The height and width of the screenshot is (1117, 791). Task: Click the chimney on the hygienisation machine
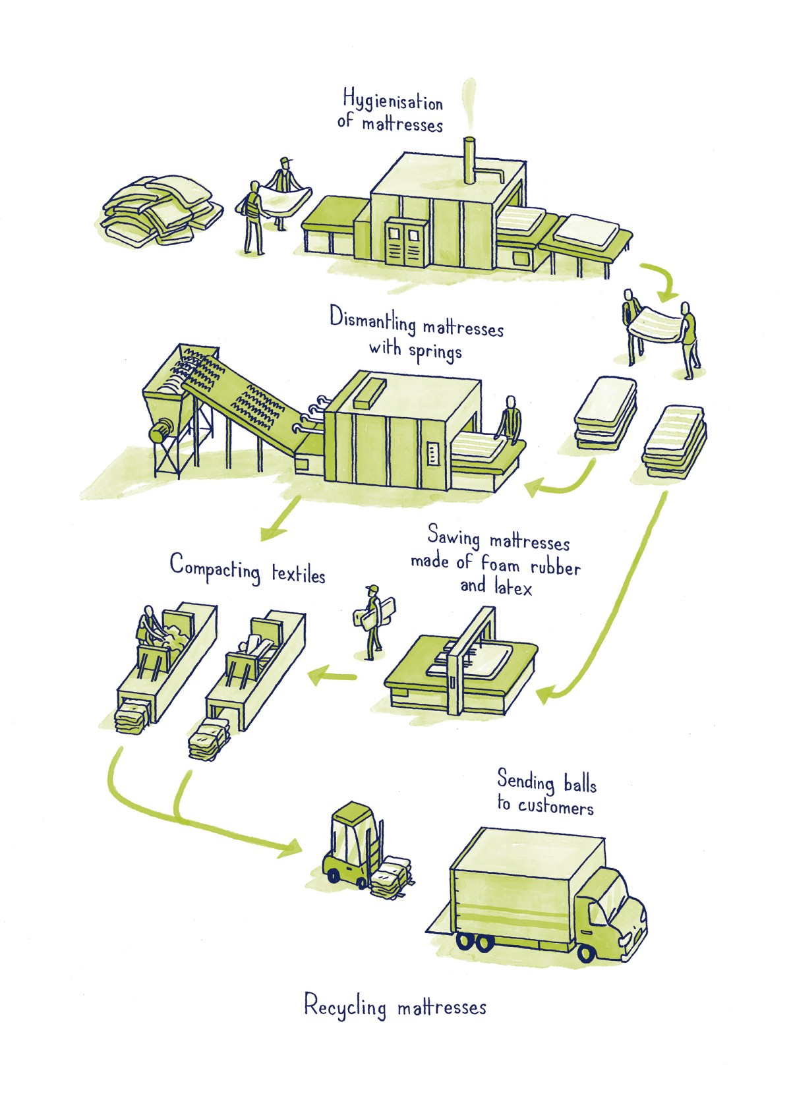click(469, 161)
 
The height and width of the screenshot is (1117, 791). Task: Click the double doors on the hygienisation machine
click(403, 241)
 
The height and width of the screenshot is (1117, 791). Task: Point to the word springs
click(434, 351)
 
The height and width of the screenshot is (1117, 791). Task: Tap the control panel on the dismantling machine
click(433, 453)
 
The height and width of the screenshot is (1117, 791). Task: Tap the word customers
click(555, 807)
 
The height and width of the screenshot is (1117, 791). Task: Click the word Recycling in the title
click(345, 1007)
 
